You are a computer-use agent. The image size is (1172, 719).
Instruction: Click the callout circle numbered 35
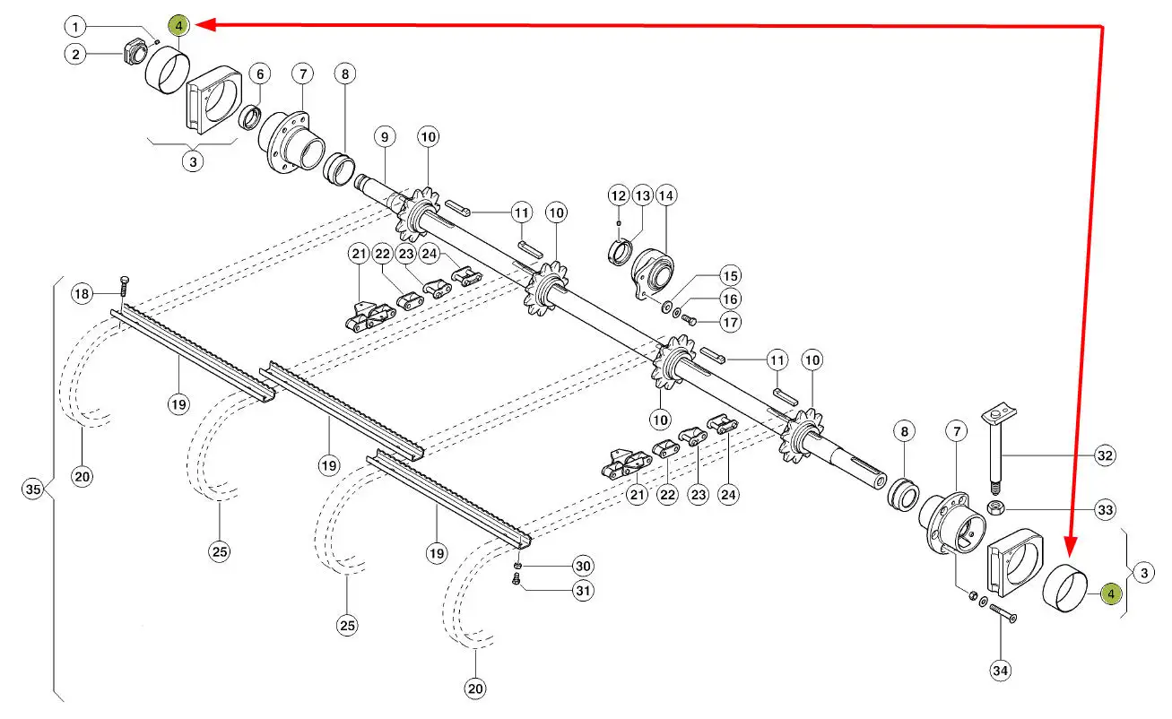coord(33,489)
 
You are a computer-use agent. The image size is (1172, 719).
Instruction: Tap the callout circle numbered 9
coord(384,137)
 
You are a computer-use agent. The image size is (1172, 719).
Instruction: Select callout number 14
coord(665,195)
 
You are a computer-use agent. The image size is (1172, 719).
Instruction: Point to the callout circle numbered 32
coord(1105,455)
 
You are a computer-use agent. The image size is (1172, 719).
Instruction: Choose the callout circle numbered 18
coord(82,294)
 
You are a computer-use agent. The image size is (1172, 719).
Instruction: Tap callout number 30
coord(584,567)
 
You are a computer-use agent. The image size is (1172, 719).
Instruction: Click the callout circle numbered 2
coord(77,55)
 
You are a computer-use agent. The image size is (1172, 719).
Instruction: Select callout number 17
coord(732,322)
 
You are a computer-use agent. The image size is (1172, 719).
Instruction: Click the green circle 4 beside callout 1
coord(179,26)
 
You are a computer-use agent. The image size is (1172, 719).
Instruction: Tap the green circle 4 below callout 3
coord(1110,593)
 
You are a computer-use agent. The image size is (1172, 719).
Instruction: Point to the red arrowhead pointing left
coord(203,26)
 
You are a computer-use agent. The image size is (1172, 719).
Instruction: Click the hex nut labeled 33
coord(994,509)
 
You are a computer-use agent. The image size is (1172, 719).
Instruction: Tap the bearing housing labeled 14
coord(653,268)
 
